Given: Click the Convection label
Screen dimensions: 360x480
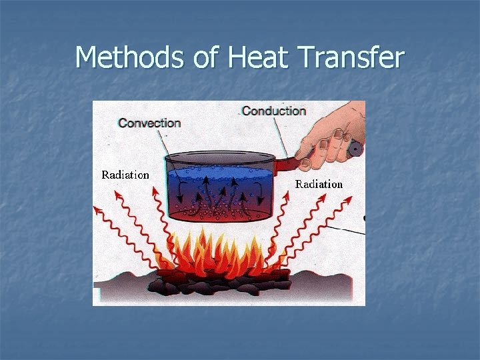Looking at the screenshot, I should tap(149, 123).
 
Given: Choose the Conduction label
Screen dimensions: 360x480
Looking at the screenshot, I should tap(274, 111).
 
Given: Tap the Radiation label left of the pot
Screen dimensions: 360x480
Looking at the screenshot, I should tap(125, 175).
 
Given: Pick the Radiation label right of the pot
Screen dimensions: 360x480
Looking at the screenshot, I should tap(319, 183).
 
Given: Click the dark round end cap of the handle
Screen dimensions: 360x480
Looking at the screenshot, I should tap(356, 149).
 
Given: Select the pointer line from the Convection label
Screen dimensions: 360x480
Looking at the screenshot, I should tap(163, 141).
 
